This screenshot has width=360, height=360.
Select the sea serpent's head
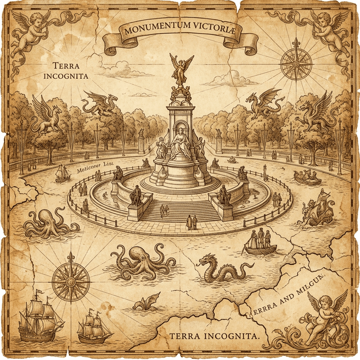click(204, 260)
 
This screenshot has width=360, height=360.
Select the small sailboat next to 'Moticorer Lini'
click(62, 173)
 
